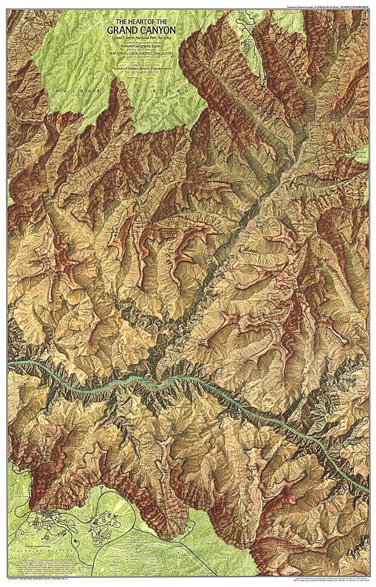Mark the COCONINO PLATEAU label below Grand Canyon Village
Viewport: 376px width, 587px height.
tap(35, 552)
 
